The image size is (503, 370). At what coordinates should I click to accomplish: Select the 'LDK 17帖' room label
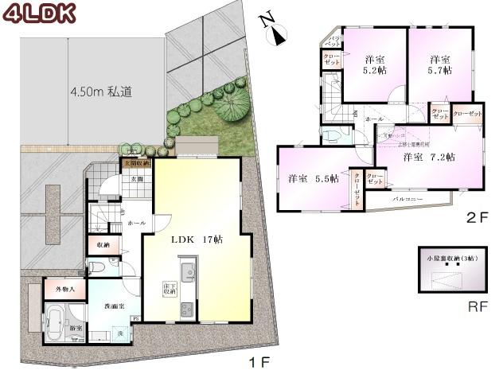pos(194,239)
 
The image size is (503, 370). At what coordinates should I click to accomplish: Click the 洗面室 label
pos(112,306)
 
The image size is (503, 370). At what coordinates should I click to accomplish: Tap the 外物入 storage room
pos(65,290)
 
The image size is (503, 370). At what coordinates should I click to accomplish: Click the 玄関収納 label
pos(136,164)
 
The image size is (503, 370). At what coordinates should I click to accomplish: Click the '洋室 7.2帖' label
pos(427,157)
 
